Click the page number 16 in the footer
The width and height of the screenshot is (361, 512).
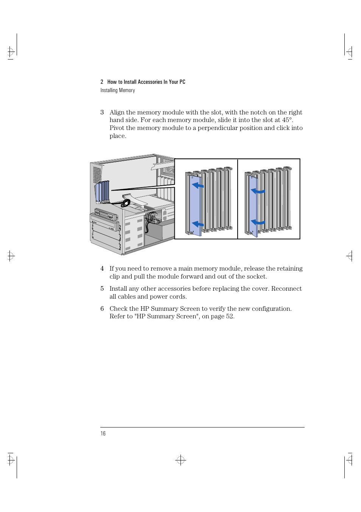click(103, 434)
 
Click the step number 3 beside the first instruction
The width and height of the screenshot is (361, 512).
click(102, 113)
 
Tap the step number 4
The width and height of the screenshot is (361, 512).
click(102, 269)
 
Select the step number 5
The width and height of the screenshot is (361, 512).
click(102, 289)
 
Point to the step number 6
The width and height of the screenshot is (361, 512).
click(102, 309)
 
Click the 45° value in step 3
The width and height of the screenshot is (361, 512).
click(287, 120)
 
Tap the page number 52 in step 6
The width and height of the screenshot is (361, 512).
click(229, 316)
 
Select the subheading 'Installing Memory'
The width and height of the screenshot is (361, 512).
click(118, 90)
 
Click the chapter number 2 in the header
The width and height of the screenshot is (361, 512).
click(102, 82)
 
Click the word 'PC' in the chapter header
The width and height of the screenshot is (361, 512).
click(182, 82)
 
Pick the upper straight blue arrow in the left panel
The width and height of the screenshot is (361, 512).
click(198, 185)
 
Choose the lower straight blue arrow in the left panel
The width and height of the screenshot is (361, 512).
click(198, 224)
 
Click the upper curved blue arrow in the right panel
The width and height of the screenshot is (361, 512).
click(258, 191)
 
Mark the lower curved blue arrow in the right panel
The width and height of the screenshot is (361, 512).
click(258, 222)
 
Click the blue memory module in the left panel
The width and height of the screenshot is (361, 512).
click(195, 205)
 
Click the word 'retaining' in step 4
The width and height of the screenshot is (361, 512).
click(289, 269)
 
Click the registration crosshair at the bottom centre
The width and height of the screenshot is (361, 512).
click(181, 460)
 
